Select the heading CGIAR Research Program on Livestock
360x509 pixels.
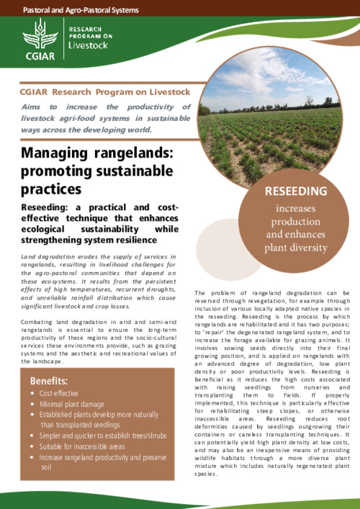point(105,91)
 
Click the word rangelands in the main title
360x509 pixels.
point(123,153)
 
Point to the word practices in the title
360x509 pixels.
point(51,189)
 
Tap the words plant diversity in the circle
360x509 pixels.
point(297,248)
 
